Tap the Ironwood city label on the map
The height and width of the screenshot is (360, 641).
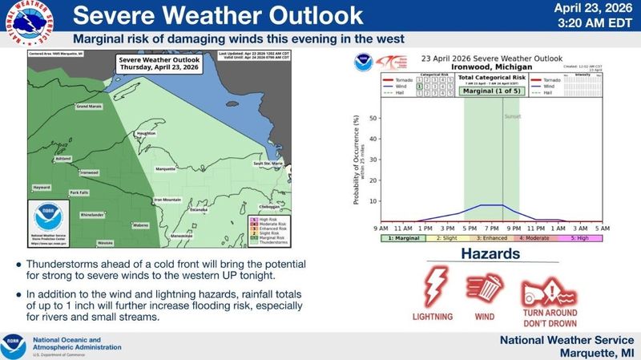(x=88, y=172)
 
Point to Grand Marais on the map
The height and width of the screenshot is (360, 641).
(x=89, y=128)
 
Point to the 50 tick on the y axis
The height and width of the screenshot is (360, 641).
(x=372, y=117)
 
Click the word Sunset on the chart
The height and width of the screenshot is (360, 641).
(x=512, y=117)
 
